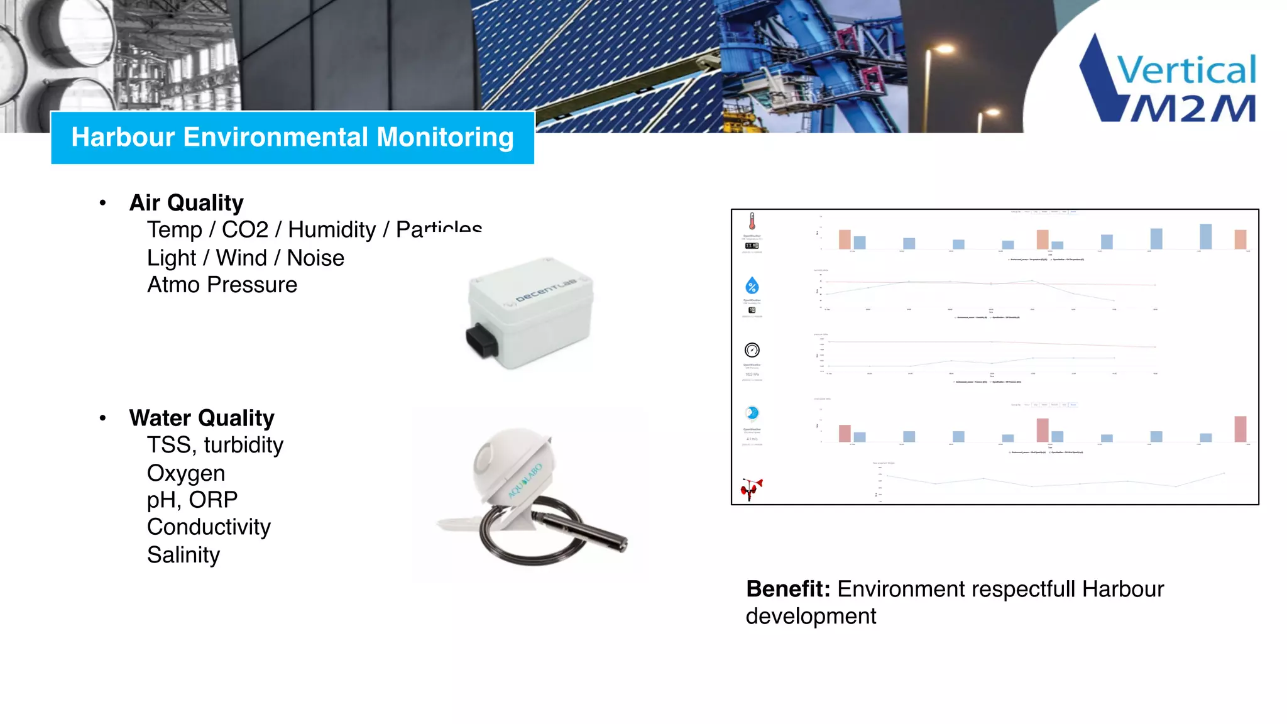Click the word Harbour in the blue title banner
pyautogui.click(x=123, y=138)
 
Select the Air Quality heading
pyautogui.click(x=186, y=203)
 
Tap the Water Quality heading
pyautogui.click(x=201, y=418)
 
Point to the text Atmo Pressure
pyautogui.click(x=222, y=285)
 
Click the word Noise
pyautogui.click(x=315, y=258)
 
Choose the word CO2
pyautogui.click(x=245, y=230)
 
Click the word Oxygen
pyautogui.click(x=185, y=473)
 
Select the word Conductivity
pyautogui.click(x=209, y=527)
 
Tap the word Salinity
pyautogui.click(x=183, y=555)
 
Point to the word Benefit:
pyautogui.click(x=788, y=590)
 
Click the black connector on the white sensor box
pyautogui.click(x=481, y=341)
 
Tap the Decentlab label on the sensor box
pyautogui.click(x=545, y=290)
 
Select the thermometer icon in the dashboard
pyautogui.click(x=752, y=221)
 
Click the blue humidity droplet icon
pyautogui.click(x=752, y=286)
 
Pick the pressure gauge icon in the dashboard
pyautogui.click(x=752, y=350)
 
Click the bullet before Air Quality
pyautogui.click(x=103, y=203)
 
